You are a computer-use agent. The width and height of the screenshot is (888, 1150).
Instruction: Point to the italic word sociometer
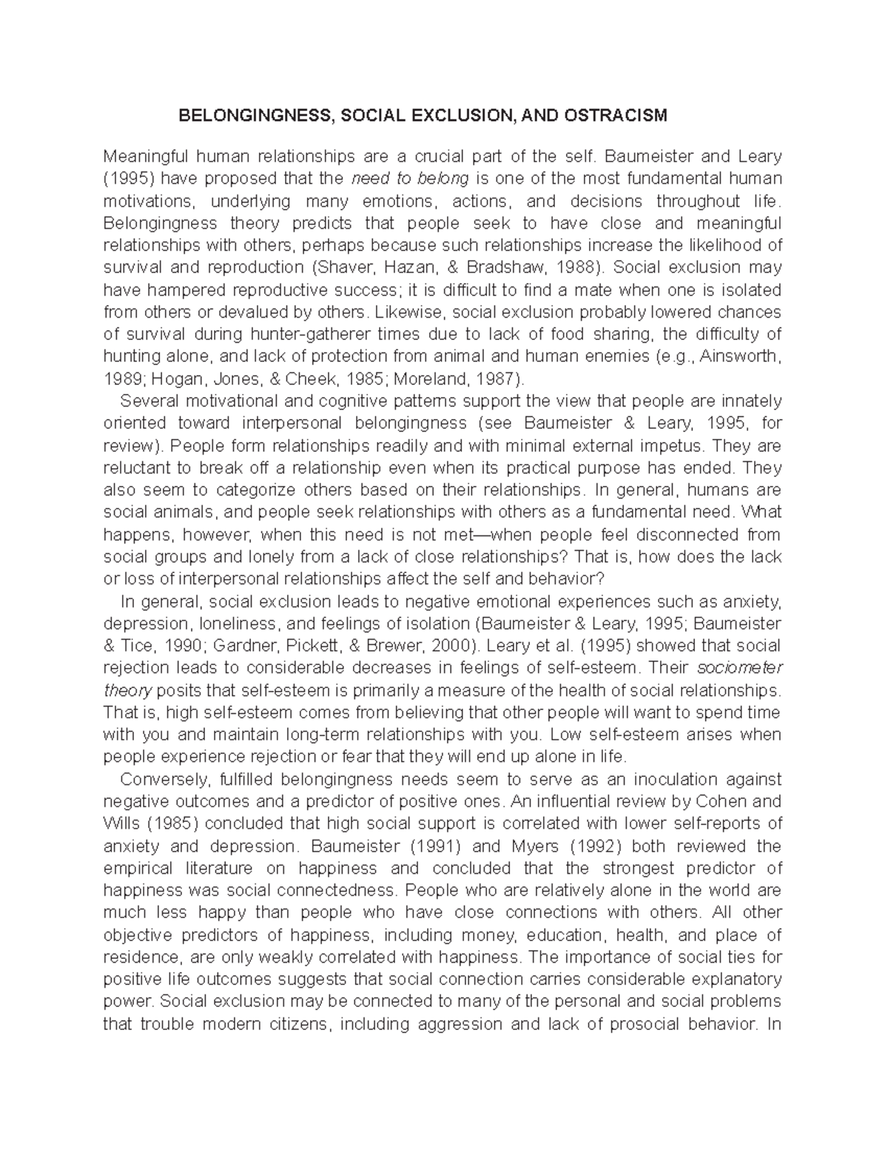pyautogui.click(x=740, y=668)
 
